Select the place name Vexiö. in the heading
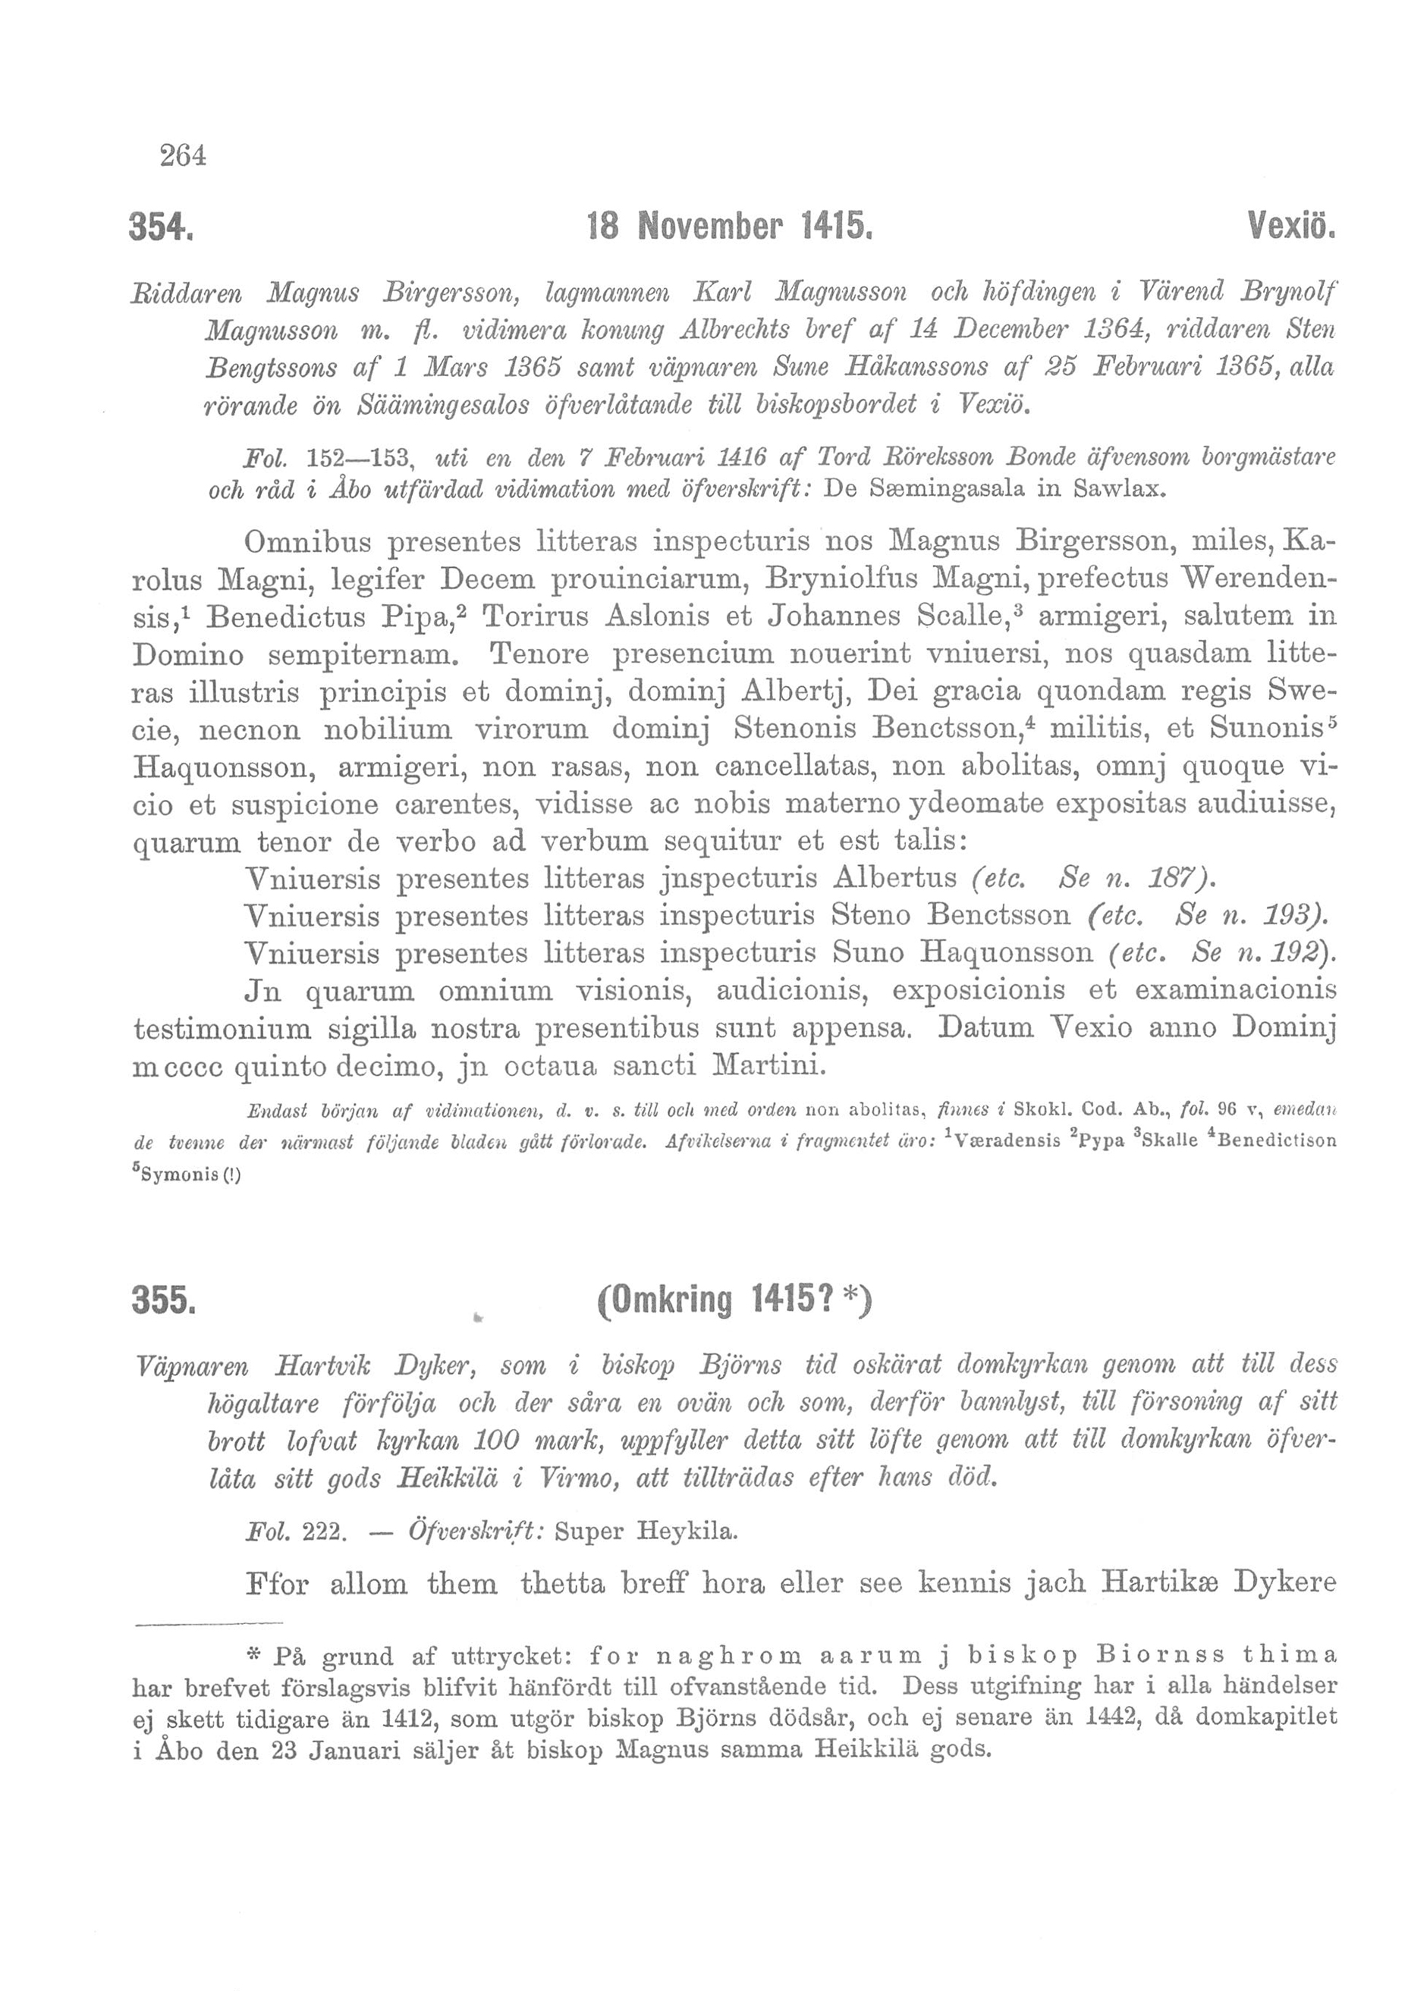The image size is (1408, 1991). (x=1290, y=229)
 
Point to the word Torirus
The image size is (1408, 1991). (x=533, y=617)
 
